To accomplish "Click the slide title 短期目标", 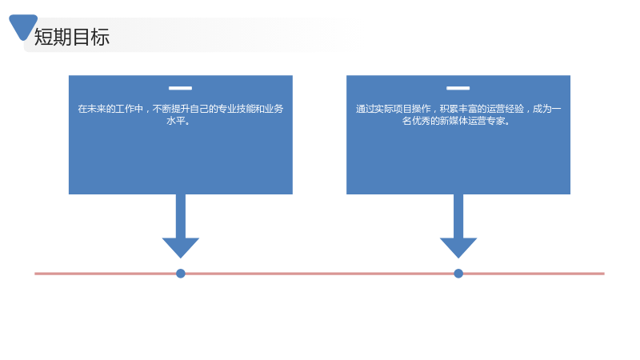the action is pyautogui.click(x=72, y=37).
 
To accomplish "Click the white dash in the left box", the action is pyautogui.click(x=181, y=88).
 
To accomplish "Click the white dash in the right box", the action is pyautogui.click(x=458, y=88).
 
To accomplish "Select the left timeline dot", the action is pyautogui.click(x=181, y=274).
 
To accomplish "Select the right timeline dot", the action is pyautogui.click(x=458, y=274).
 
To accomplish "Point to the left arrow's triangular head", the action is pyautogui.click(x=181, y=248).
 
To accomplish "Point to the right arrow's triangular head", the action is pyautogui.click(x=458, y=248).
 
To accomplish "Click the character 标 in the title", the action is pyautogui.click(x=101, y=37).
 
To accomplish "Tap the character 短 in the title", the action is pyautogui.click(x=43, y=37).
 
